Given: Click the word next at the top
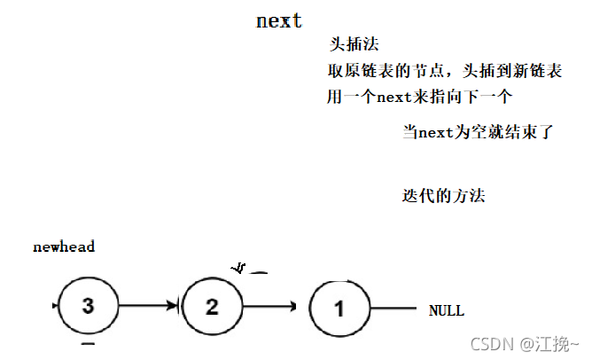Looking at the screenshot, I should click(x=279, y=21).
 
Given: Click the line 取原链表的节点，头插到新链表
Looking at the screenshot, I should click(x=443, y=71).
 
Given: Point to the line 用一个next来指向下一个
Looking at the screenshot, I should click(x=419, y=97).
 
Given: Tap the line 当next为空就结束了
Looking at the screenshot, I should click(x=478, y=133).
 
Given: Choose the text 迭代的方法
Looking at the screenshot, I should click(x=443, y=195).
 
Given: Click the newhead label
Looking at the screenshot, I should click(x=64, y=247).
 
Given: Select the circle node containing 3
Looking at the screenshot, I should click(x=87, y=307).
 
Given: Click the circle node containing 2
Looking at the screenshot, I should click(x=212, y=307).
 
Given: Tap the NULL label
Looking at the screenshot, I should click(x=446, y=311).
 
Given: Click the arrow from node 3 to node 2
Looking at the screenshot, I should click(x=150, y=307).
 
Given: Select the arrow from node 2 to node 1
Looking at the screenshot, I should click(x=270, y=308).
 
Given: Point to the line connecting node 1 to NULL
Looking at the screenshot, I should click(x=393, y=309).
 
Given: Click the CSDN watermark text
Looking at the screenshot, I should click(x=488, y=343).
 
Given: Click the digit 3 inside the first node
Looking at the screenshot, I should click(x=87, y=307).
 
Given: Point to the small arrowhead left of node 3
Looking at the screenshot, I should click(x=57, y=306).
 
